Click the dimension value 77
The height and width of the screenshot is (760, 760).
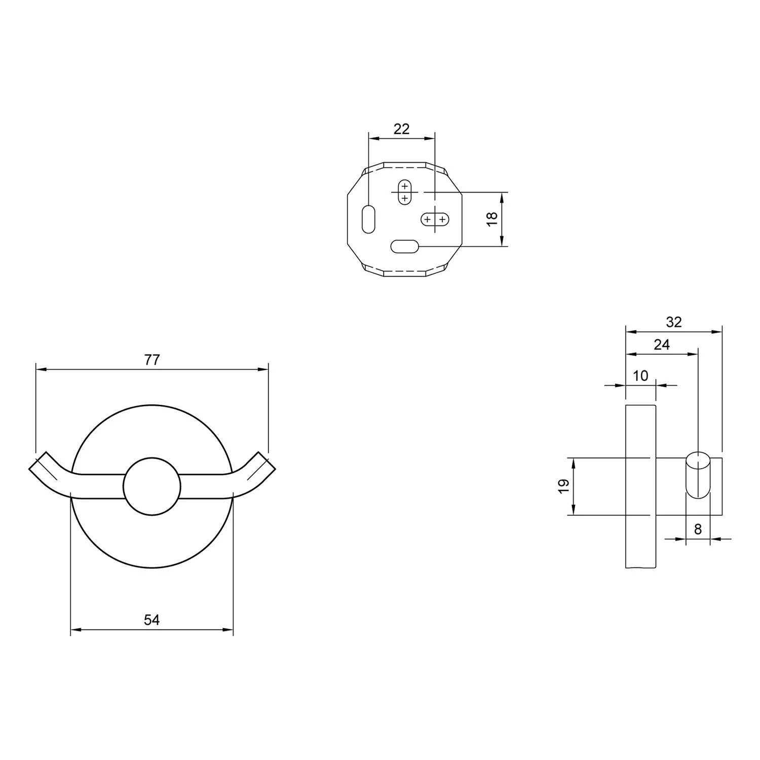point(152,360)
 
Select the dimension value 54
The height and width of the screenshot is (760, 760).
point(152,620)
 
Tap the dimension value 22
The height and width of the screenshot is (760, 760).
point(401,129)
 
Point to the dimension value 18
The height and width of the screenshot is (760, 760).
point(492,219)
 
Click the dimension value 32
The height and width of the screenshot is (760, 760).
point(674,322)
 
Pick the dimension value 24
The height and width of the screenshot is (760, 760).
point(662,345)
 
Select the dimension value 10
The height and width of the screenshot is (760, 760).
point(641,375)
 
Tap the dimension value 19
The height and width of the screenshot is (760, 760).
point(563,486)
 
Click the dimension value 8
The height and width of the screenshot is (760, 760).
point(698,529)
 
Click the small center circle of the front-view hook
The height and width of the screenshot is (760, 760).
point(152,487)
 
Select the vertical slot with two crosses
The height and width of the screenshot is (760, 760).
point(404,192)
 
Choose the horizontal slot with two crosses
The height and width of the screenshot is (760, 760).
point(435,219)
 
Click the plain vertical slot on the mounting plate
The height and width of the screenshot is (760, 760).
point(368,219)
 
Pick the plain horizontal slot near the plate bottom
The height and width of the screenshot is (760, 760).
point(404,247)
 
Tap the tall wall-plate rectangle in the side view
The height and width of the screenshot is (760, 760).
point(640,486)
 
